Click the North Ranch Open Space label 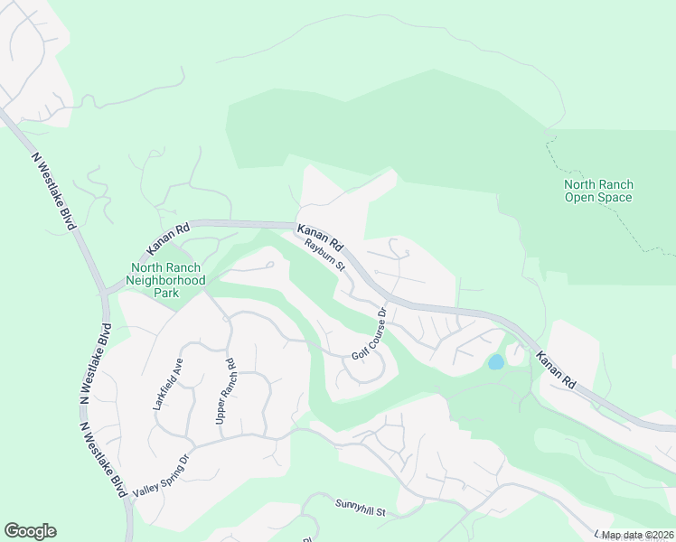[597, 191]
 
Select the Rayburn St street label [324, 254]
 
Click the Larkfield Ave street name [168, 384]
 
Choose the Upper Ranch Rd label [225, 392]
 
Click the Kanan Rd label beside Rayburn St [321, 236]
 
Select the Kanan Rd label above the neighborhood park [168, 239]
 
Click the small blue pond [495, 362]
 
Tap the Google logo [30, 531]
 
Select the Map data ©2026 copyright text [636, 535]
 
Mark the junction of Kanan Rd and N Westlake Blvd [108, 291]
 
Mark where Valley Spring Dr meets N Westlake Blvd [127, 497]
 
